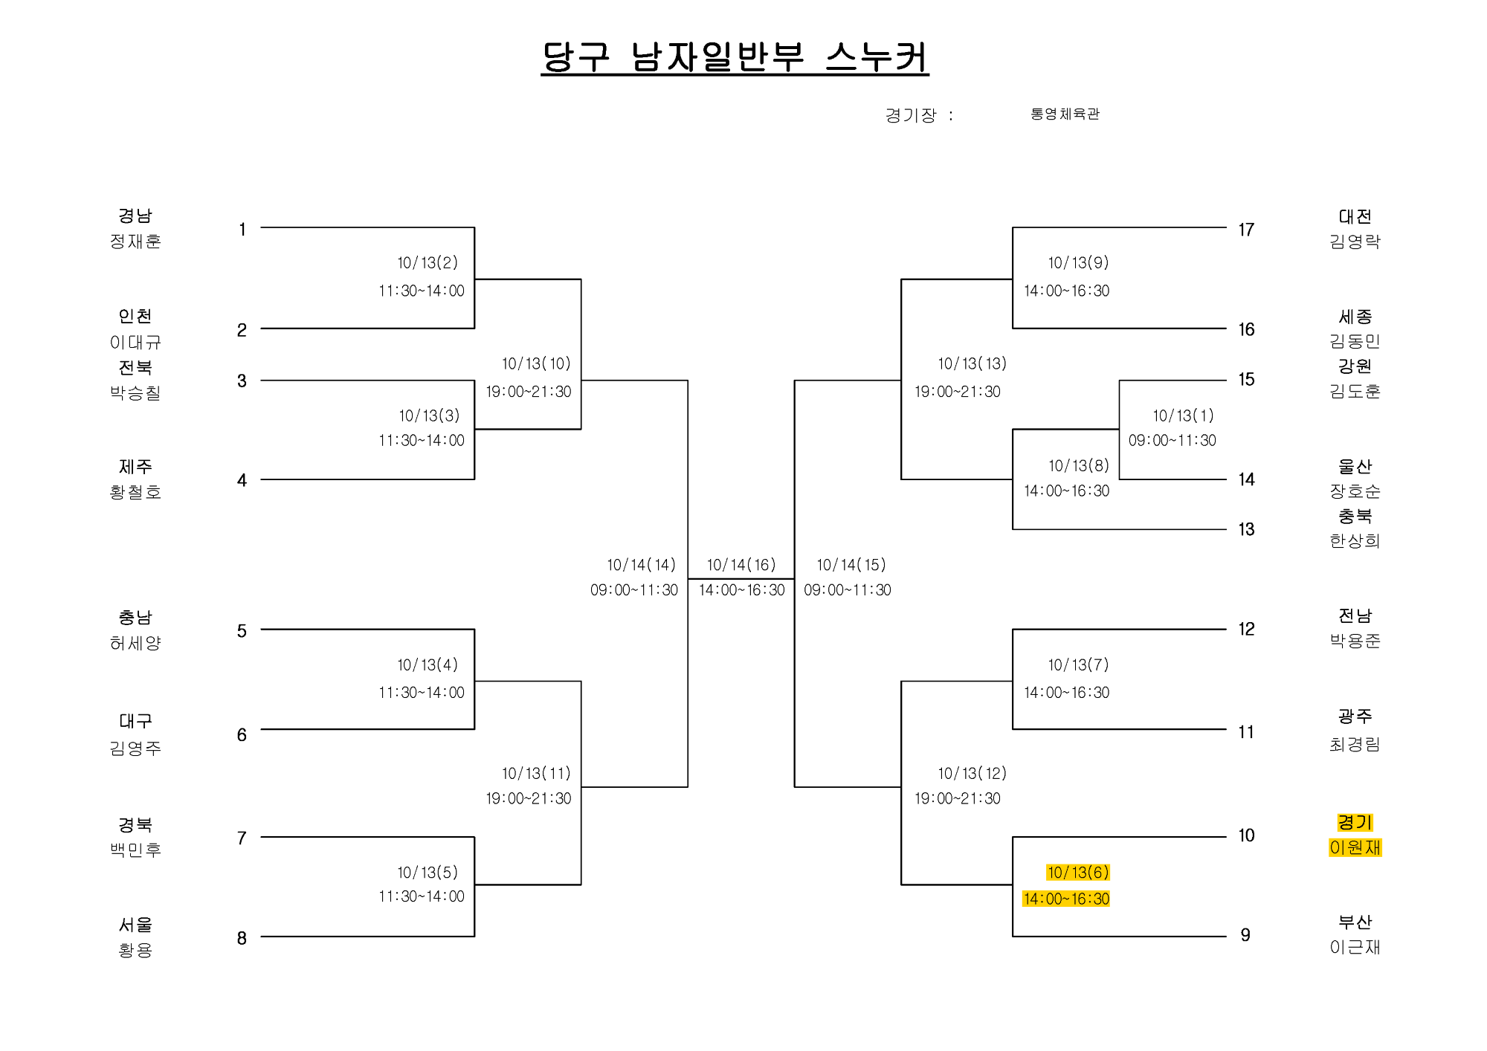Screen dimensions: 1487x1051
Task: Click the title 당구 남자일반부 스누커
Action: pos(735,57)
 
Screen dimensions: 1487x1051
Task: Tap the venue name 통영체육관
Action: pos(1065,114)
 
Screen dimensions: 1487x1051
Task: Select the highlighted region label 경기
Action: pos(1355,822)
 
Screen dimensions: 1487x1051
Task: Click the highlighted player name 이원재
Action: pos(1355,847)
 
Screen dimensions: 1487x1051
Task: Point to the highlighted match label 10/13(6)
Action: pos(1078,873)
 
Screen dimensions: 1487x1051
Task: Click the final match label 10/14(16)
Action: pos(741,565)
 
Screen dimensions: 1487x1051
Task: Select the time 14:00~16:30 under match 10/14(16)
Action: pos(741,590)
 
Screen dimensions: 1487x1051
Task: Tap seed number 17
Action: pos(1246,230)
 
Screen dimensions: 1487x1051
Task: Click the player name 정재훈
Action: pos(135,241)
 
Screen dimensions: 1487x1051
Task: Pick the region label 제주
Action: pos(135,467)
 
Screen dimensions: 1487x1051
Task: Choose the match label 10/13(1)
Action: pos(1183,415)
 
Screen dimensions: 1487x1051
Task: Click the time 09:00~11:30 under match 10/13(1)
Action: pos(1172,441)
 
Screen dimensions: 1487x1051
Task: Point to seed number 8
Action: pos(242,938)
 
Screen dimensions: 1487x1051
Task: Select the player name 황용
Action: pos(135,950)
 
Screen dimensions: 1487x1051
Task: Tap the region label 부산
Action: pos(1355,922)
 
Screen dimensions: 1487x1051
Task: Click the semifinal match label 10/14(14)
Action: pos(641,565)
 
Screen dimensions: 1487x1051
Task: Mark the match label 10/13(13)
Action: pos(972,363)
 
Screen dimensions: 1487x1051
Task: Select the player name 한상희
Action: pos(1355,541)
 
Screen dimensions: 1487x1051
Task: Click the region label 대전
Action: pos(1355,216)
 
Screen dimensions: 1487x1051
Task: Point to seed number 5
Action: pos(242,631)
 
